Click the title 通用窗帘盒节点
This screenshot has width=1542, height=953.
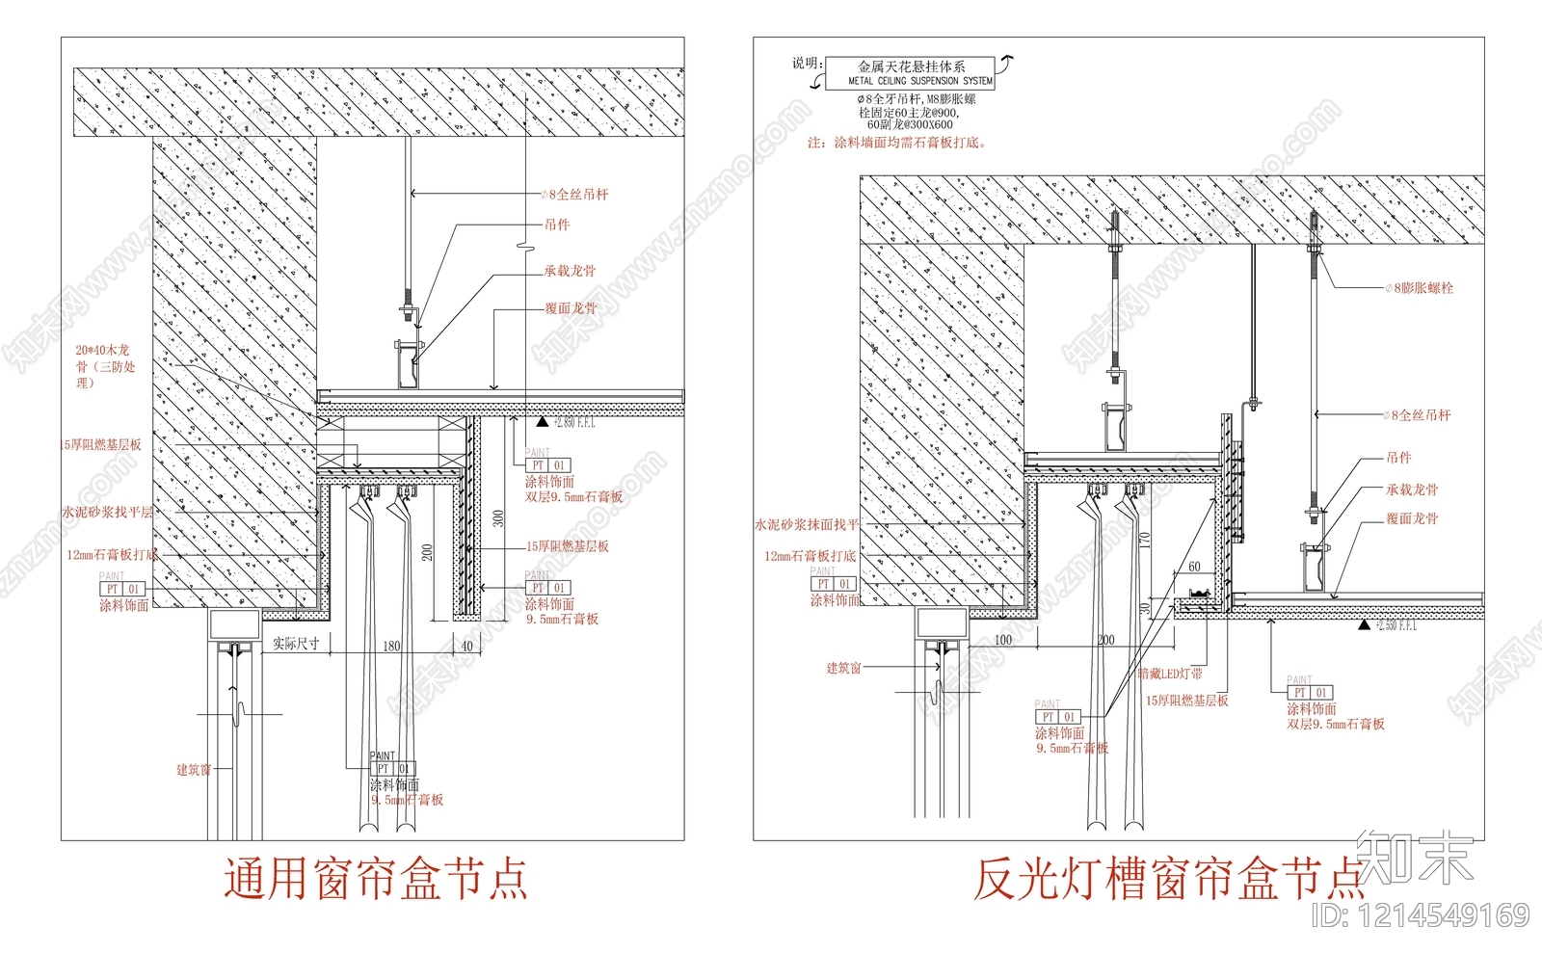pyautogui.click(x=376, y=879)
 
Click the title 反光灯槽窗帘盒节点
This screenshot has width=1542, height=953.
pyautogui.click(x=1168, y=879)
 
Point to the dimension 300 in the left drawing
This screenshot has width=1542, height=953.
pyautogui.click(x=498, y=518)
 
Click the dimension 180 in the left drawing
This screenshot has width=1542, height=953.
pyautogui.click(x=391, y=646)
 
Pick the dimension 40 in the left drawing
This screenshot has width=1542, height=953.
pyautogui.click(x=466, y=646)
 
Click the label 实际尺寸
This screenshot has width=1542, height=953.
pyautogui.click(x=296, y=643)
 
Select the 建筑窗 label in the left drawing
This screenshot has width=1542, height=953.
pyautogui.click(x=193, y=769)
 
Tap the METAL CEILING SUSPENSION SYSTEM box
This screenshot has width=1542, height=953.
pyautogui.click(x=911, y=73)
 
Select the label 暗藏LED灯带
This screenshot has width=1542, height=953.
pyautogui.click(x=1170, y=674)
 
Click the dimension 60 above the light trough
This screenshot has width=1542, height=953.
pyautogui.click(x=1194, y=567)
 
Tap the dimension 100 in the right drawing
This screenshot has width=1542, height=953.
pyautogui.click(x=1002, y=640)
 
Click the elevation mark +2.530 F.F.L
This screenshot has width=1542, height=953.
pyautogui.click(x=1396, y=626)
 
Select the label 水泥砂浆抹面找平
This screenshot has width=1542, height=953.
pyautogui.click(x=806, y=525)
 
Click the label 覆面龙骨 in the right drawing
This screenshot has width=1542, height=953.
pyautogui.click(x=1412, y=518)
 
